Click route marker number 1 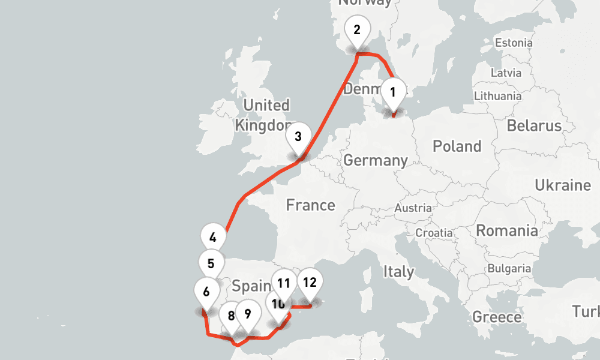pos(393,93)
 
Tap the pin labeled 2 pos(357,30)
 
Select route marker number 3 pos(298,137)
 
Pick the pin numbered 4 pos(213,238)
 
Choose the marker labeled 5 pos(211,263)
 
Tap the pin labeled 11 pos(283,283)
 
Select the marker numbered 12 pos(310,283)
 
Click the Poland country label pos(457,146)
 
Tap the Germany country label pos(376,161)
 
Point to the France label pos(310,205)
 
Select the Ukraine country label pos(563,185)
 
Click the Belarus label pos(534,126)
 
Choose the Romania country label pos(507,230)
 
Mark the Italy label pos(398,271)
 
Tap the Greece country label pos(497,317)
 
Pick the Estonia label pos(513,43)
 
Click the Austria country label pos(413,208)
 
